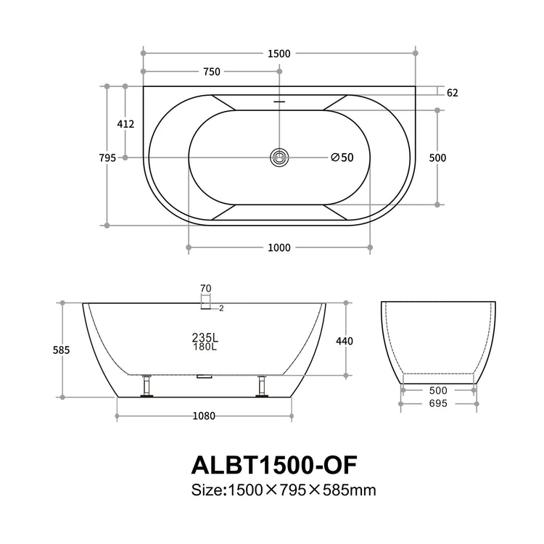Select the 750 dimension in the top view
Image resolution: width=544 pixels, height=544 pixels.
(x=211, y=72)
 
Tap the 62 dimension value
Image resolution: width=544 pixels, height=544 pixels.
(x=452, y=93)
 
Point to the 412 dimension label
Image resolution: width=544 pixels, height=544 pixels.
(x=125, y=124)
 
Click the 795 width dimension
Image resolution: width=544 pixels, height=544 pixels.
(x=107, y=158)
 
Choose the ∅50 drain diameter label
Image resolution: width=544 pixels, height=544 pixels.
(x=342, y=157)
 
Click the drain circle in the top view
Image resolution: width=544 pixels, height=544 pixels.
(x=279, y=157)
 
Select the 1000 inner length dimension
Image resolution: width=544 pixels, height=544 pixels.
(x=279, y=248)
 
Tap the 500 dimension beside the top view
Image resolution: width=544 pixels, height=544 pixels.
(x=437, y=158)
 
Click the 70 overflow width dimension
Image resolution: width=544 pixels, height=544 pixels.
(x=206, y=288)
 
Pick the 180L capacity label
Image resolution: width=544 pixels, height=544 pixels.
(x=205, y=347)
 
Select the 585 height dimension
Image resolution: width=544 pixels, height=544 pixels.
(x=62, y=350)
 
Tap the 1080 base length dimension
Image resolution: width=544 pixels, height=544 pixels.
(x=205, y=416)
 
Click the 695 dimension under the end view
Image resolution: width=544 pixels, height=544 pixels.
(x=437, y=403)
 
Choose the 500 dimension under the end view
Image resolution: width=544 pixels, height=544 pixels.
(x=437, y=390)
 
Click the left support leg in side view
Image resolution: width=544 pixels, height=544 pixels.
(x=147, y=385)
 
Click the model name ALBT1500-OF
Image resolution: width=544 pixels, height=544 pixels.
(x=273, y=463)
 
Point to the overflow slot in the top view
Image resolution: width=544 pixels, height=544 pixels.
(x=279, y=102)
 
